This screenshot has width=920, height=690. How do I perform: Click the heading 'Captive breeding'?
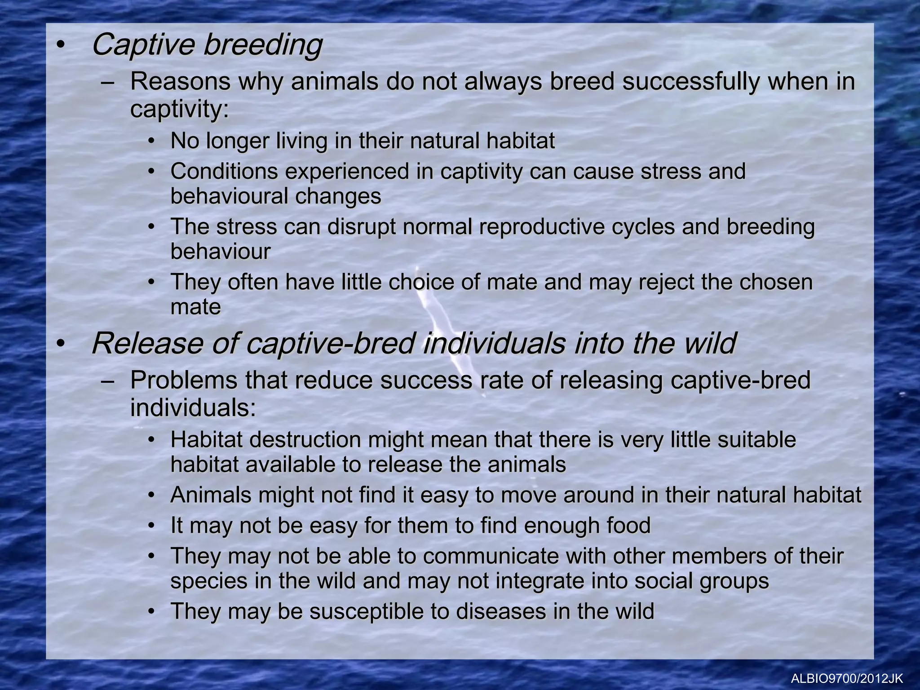pos(207,45)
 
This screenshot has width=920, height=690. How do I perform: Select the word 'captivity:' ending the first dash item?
pos(180,109)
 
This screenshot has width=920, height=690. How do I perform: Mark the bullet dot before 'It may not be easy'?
pos(153,526)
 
